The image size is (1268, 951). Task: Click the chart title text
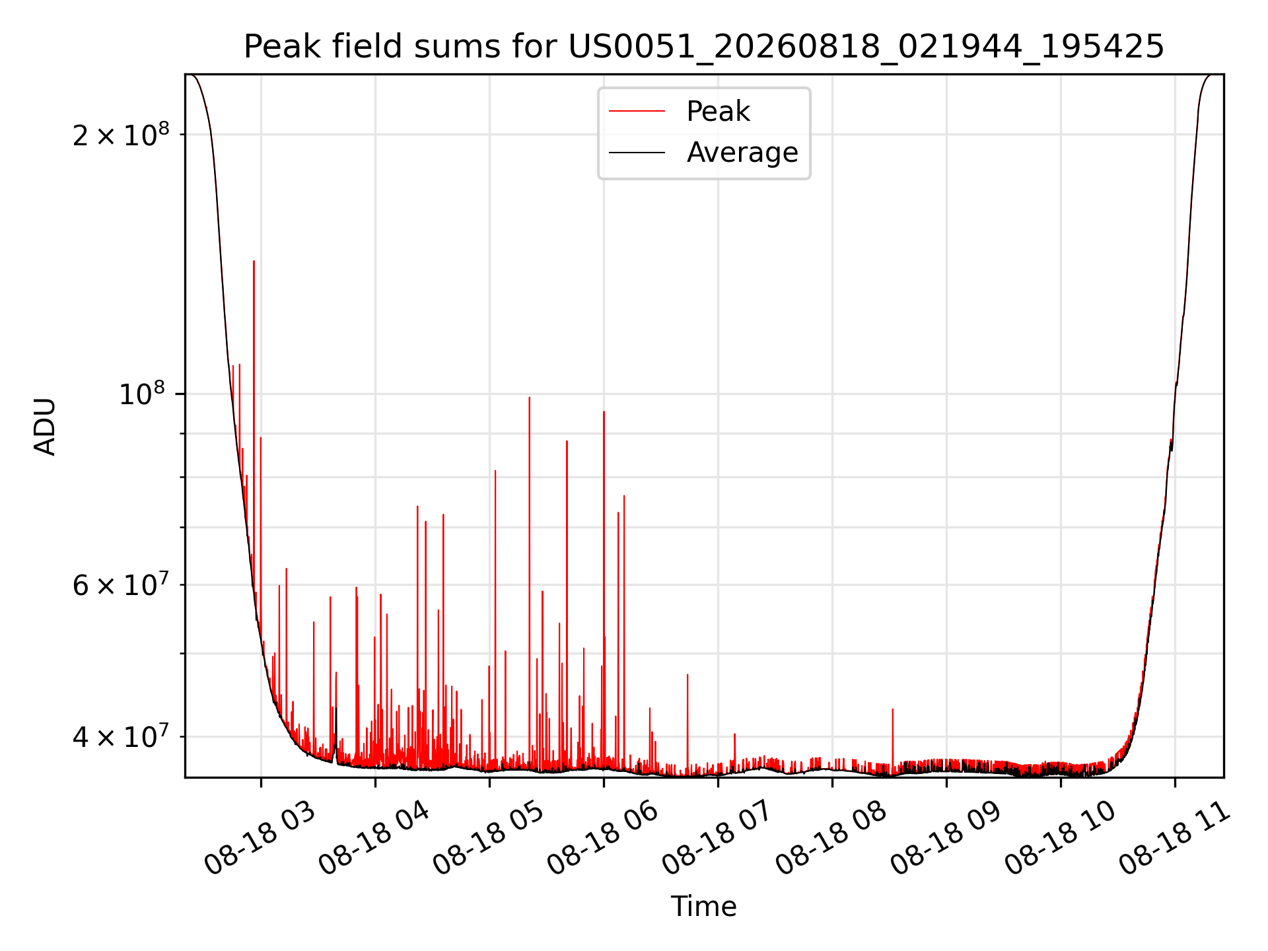(x=704, y=47)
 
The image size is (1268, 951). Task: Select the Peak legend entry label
(x=718, y=112)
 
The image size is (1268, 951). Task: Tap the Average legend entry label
(x=742, y=153)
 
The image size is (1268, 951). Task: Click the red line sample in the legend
(x=637, y=112)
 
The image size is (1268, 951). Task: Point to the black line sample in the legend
(x=637, y=153)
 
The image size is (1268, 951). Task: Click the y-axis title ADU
(x=45, y=427)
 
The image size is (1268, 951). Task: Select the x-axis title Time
(x=704, y=907)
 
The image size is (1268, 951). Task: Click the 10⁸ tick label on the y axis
(x=141, y=394)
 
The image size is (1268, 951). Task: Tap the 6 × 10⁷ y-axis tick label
(x=121, y=584)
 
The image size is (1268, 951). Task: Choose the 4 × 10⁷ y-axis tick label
(x=121, y=736)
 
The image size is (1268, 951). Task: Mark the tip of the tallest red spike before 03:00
(x=254, y=262)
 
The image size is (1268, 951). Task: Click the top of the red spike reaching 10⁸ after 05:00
(x=529, y=398)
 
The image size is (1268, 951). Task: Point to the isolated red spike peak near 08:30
(x=893, y=709)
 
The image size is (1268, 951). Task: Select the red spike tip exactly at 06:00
(x=604, y=412)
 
